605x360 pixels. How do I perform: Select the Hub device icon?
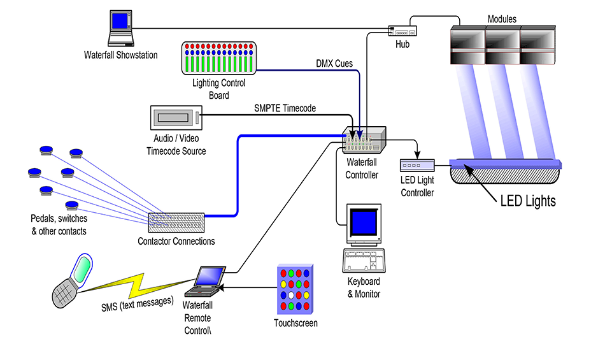[x=402, y=30]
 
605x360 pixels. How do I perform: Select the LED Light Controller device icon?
[x=417, y=166]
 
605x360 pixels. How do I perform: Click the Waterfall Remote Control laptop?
[x=206, y=283]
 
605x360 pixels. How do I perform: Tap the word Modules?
[x=502, y=20]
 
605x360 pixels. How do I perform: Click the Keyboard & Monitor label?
[x=364, y=287]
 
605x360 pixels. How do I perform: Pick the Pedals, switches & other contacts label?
[x=59, y=225]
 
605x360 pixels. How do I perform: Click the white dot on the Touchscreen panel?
[x=291, y=296]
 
